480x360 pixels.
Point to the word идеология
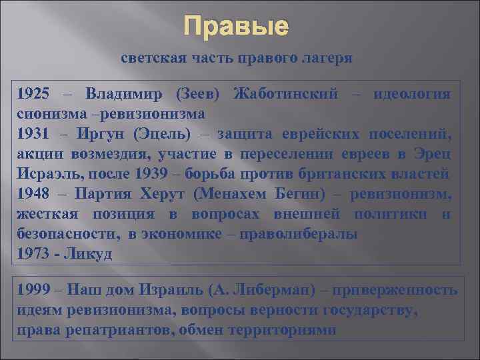(x=412, y=93)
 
